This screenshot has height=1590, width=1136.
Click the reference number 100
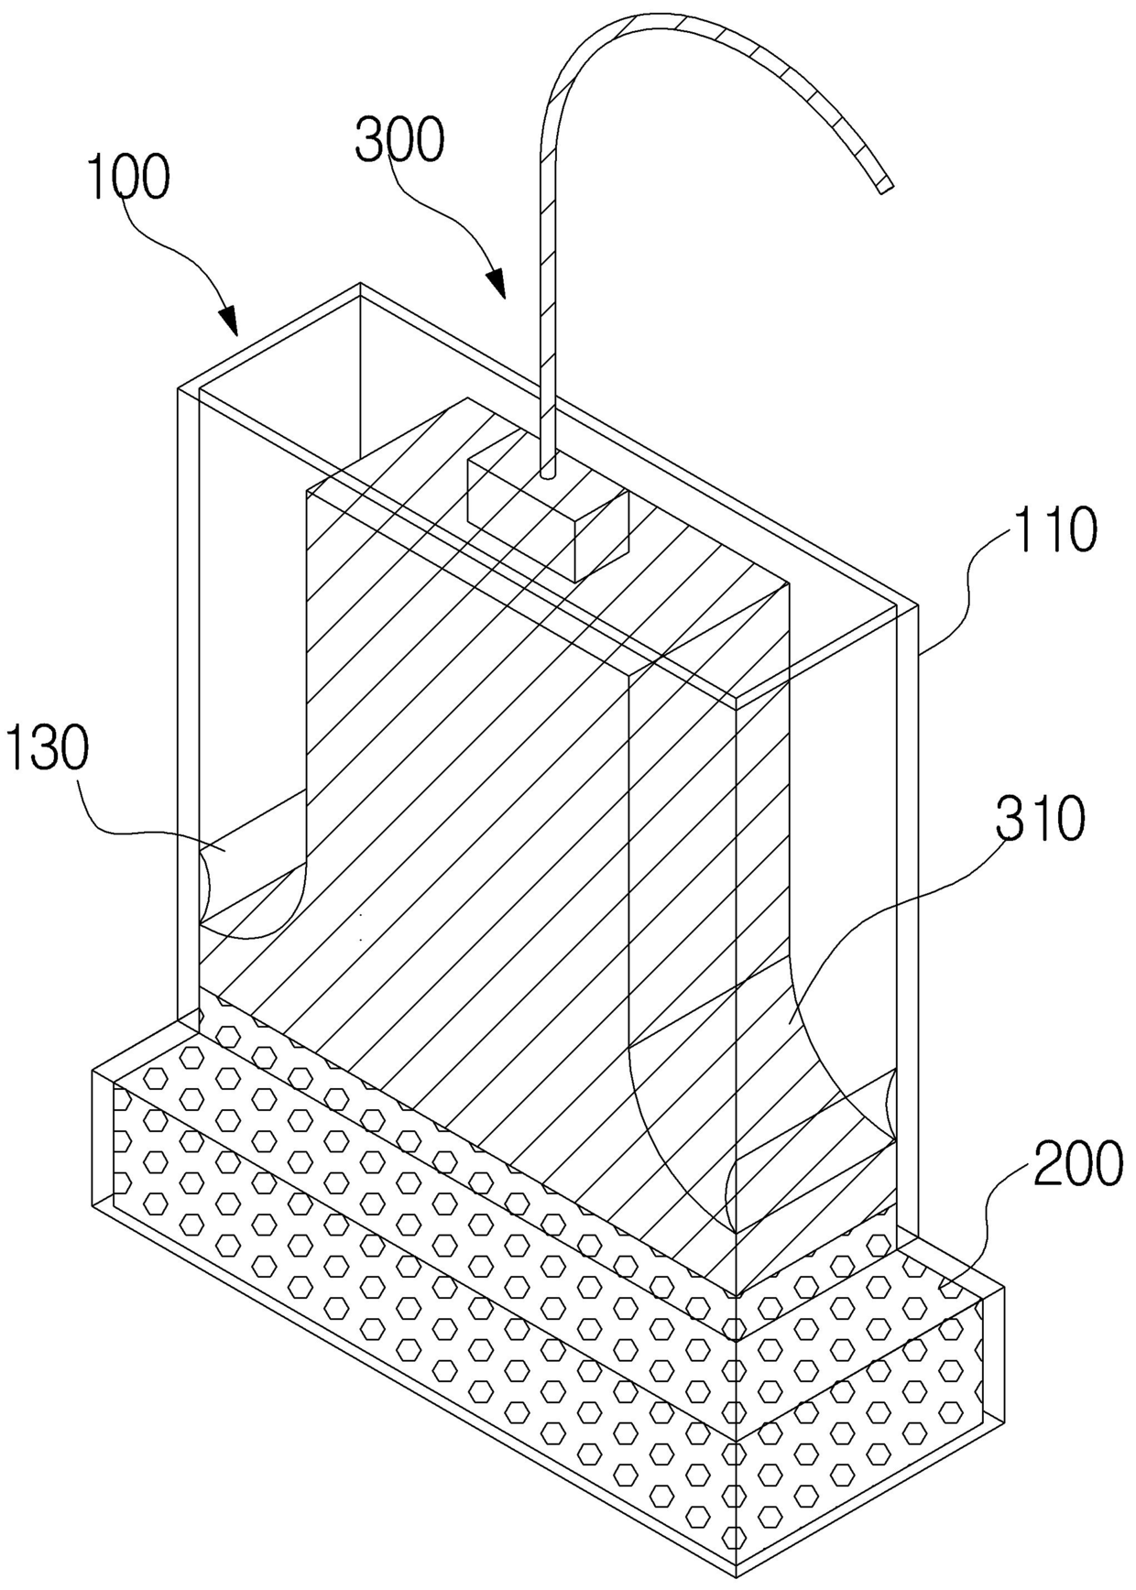point(128,178)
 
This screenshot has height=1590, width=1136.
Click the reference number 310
point(1042,818)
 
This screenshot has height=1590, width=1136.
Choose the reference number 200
point(1078,1164)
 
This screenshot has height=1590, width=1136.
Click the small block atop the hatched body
point(548,517)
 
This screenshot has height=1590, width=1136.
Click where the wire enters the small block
point(547,474)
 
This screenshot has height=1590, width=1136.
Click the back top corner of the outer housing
point(360,284)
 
